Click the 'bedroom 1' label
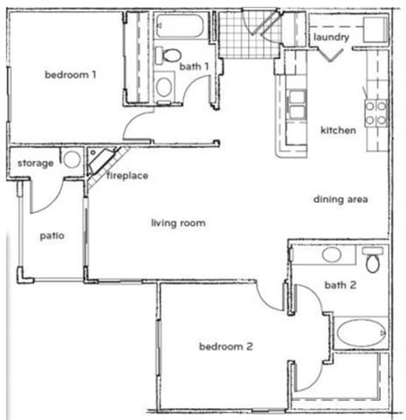tap(70, 74)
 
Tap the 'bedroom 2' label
tap(226, 346)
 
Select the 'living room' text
tap(178, 223)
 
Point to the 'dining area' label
tap(341, 199)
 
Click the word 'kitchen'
tap(338, 130)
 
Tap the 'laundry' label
tap(331, 37)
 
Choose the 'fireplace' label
tap(127, 175)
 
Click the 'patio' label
tap(52, 235)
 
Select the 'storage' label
tap(35, 163)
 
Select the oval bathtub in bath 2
tap(360, 331)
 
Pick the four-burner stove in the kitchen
tap(376, 113)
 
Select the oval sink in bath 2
tap(332, 254)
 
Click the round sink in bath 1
tap(164, 87)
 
